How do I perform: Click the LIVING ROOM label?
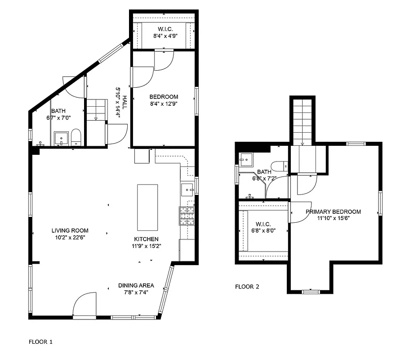point(70,230)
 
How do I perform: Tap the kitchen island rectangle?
point(147,207)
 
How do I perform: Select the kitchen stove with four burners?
point(187,216)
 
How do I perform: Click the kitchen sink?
point(187,189)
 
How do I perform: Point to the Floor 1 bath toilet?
point(76,137)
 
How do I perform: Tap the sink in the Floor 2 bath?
point(245,159)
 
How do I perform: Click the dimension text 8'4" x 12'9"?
point(164,103)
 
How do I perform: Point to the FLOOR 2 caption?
point(247,287)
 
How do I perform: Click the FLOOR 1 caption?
point(41,342)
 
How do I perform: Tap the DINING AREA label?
point(136,285)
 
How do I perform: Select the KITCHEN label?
point(146,239)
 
